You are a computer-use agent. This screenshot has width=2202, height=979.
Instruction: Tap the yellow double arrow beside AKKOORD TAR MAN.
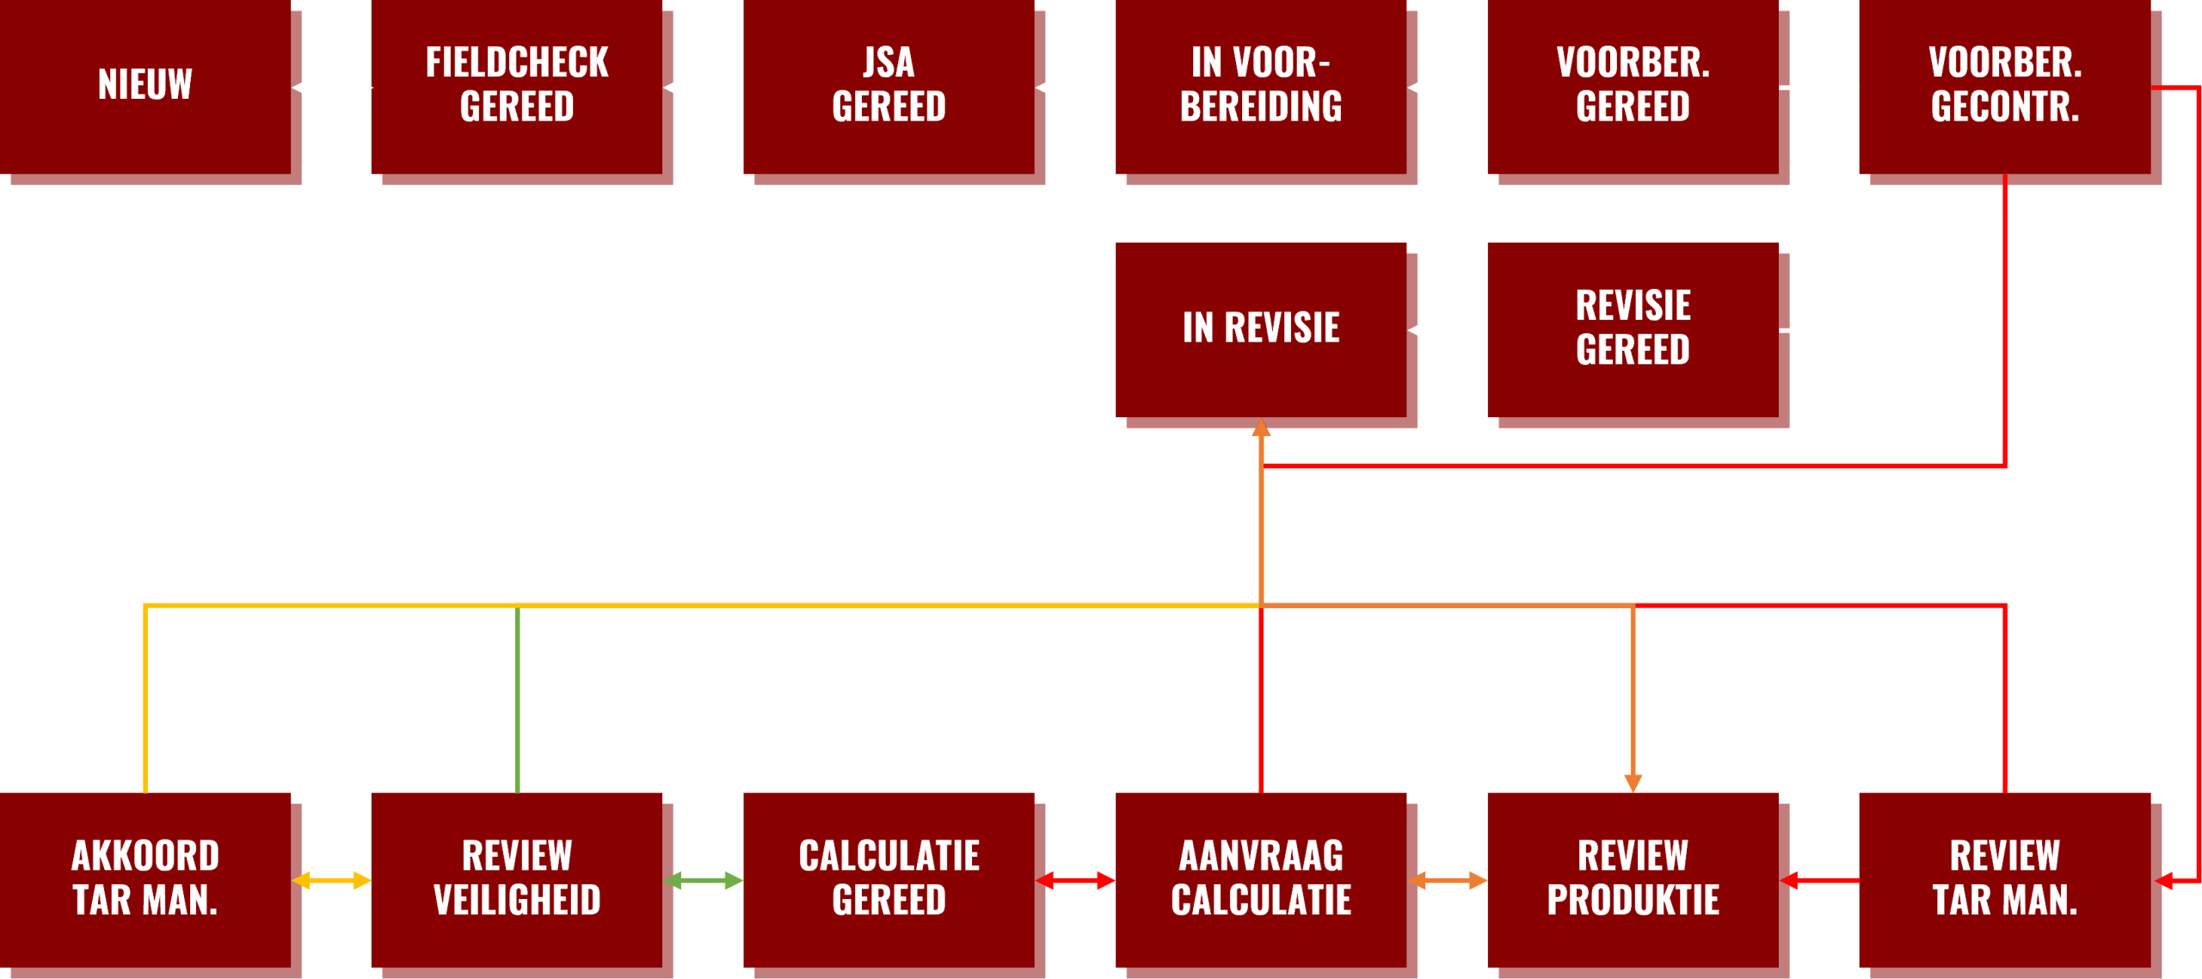click(x=332, y=881)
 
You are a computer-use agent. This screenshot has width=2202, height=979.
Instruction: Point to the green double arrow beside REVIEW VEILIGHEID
click(x=704, y=881)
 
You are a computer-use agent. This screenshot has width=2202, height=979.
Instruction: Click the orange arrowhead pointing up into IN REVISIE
click(x=1261, y=428)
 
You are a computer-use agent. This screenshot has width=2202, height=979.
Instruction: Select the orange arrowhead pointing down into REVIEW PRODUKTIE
click(x=1633, y=783)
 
